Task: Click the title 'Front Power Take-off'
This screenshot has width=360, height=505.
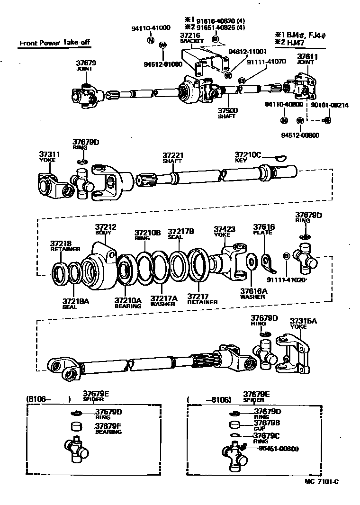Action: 54,43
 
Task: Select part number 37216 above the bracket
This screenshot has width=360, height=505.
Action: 189,35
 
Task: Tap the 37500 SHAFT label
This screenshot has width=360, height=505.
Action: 227,113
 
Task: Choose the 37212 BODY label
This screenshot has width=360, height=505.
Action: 106,229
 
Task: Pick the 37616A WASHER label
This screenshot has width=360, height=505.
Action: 253,294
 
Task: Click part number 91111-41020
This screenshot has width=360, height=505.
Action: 287,280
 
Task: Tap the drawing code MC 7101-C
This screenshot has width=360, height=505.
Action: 323,481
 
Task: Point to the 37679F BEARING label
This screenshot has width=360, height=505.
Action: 108,428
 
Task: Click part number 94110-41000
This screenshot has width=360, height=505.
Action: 151,28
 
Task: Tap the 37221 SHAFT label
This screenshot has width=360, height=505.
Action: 172,158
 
